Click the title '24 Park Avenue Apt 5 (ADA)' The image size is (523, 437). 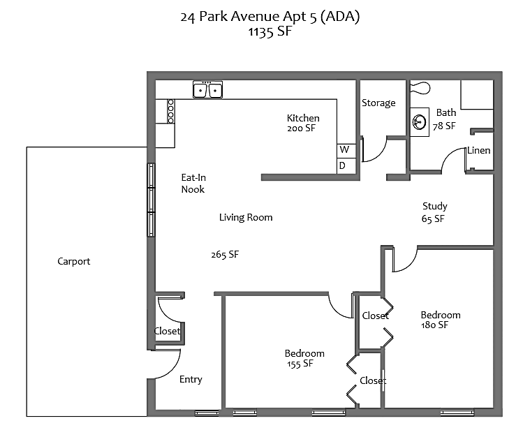click(270, 17)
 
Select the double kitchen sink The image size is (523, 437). click(207, 90)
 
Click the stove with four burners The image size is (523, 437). click(170, 111)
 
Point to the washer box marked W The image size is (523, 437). click(344, 150)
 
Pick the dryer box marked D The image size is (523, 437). click(343, 165)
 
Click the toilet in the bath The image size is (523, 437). click(420, 88)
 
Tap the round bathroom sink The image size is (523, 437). click(420, 122)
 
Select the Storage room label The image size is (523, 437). click(378, 103)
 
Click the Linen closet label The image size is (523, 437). click(478, 150)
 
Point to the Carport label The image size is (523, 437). click(74, 262)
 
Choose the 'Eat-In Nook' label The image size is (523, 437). click(193, 184)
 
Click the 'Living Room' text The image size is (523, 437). click(246, 217)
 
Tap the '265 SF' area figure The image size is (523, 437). click(225, 255)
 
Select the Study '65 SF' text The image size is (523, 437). click(434, 218)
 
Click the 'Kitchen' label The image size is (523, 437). click(303, 118)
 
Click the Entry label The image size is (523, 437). click(191, 380)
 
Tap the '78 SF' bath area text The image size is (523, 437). click(444, 126)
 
